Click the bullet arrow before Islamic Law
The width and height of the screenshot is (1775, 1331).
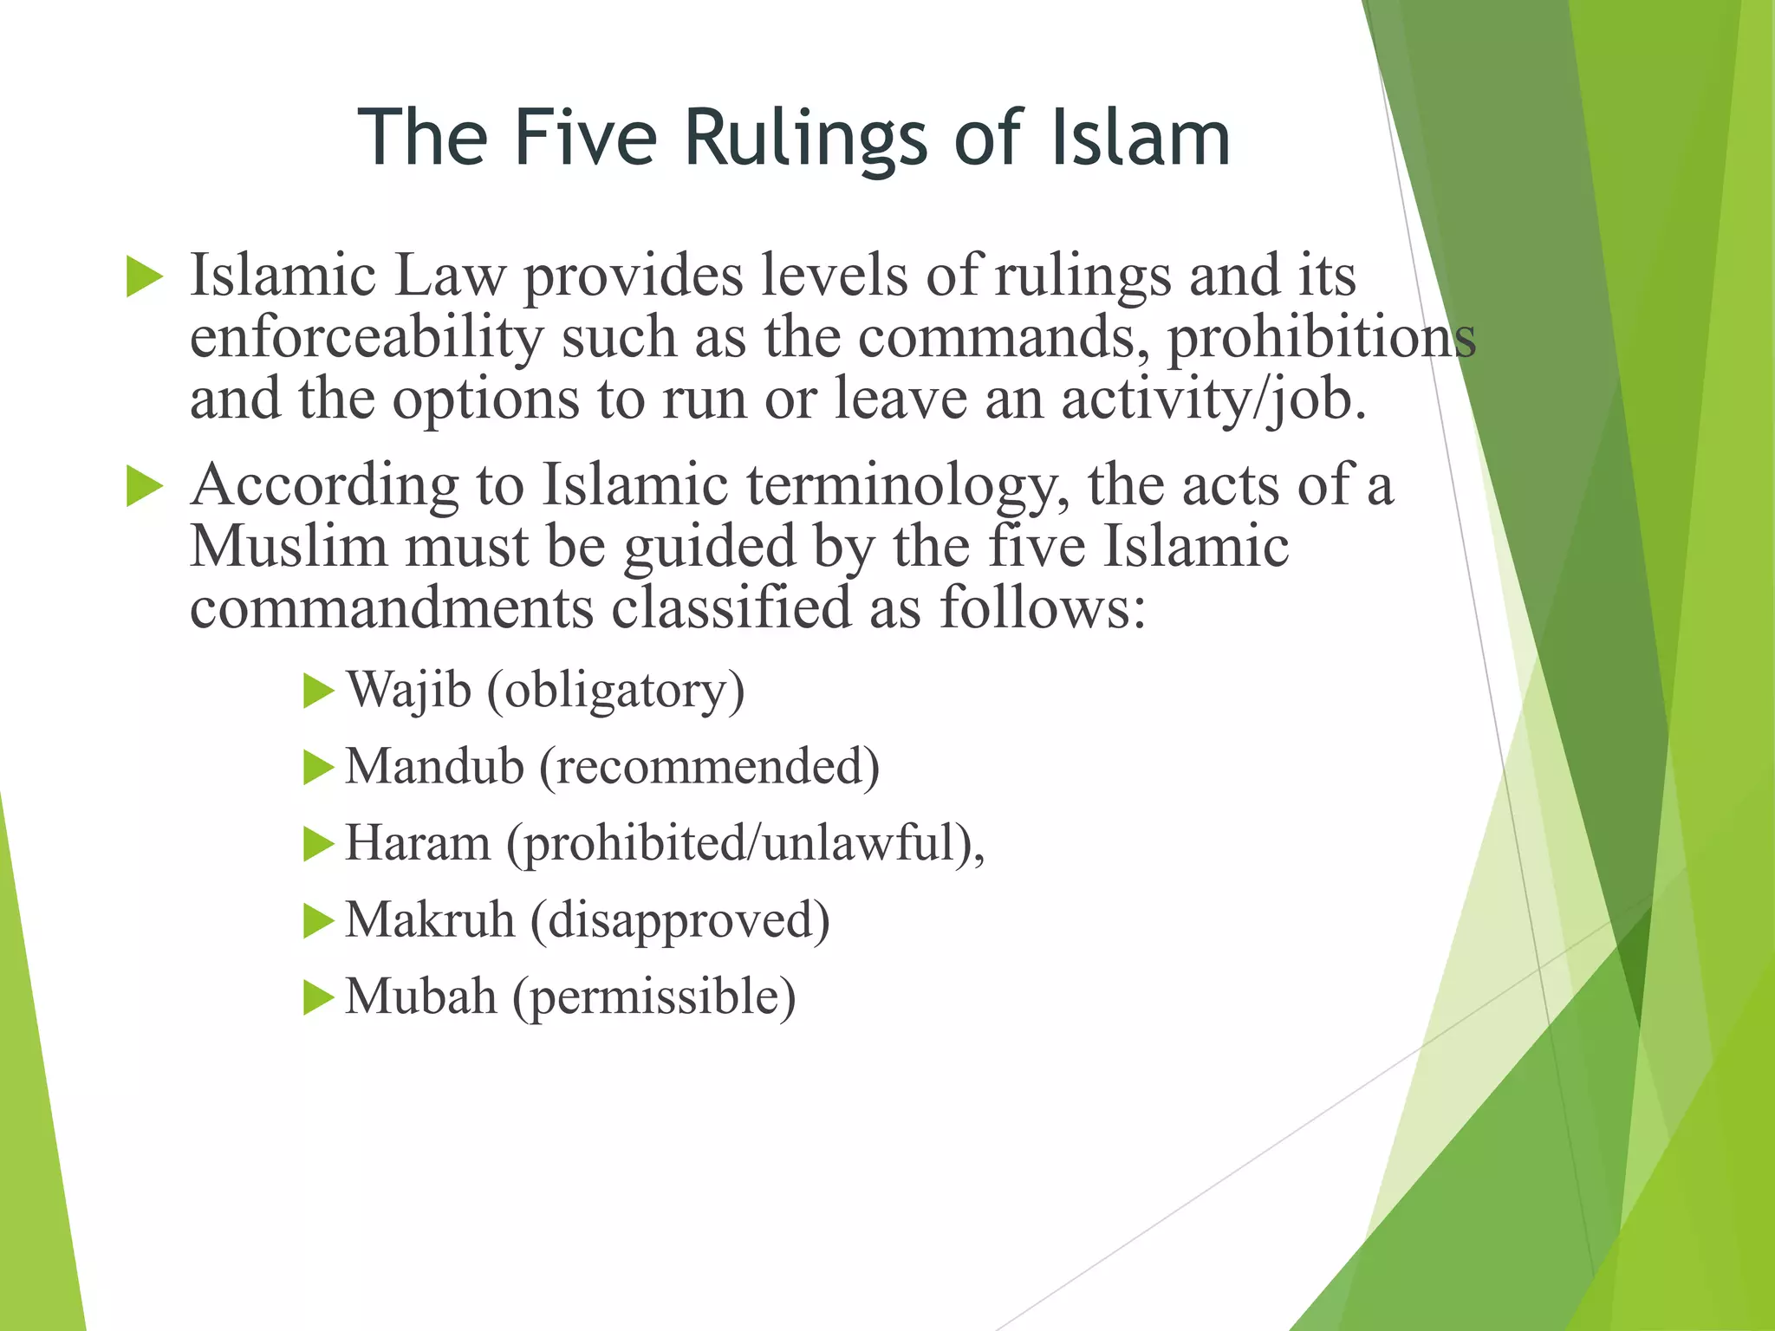(144, 277)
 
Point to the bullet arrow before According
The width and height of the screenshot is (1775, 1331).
(144, 486)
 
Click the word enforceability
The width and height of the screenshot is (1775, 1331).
(366, 338)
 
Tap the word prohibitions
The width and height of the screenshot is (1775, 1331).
(1321, 338)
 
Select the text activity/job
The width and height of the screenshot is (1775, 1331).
(1213, 400)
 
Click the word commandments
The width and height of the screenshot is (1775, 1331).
(391, 607)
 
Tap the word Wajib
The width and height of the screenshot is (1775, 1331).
(408, 691)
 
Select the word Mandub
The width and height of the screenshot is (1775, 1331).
(434, 767)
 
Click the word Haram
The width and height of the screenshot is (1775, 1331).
(418, 843)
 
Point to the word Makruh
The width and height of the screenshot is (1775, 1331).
(430, 919)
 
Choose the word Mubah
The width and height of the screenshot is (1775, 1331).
(420, 997)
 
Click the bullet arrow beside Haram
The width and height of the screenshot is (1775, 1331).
(318, 844)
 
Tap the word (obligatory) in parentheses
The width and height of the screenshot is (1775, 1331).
(615, 691)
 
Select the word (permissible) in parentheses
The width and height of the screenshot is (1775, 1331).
(653, 997)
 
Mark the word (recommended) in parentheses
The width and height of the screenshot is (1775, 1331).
(709, 768)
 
